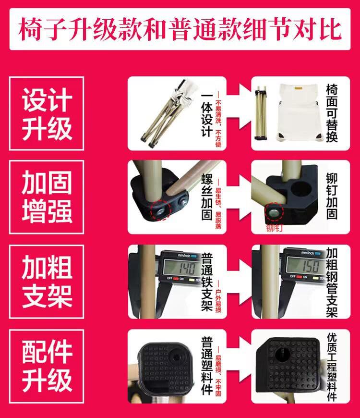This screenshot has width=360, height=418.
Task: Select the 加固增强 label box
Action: point(47,197)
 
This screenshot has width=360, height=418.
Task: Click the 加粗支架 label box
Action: point(47,281)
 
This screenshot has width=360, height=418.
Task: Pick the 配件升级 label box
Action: point(47,366)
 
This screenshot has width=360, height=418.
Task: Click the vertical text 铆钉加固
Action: point(332,197)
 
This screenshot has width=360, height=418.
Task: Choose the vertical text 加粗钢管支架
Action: point(332,282)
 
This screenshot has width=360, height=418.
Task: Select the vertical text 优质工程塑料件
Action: point(332,366)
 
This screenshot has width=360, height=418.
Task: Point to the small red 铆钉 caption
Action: point(274,227)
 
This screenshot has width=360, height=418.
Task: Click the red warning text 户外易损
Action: point(219,297)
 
